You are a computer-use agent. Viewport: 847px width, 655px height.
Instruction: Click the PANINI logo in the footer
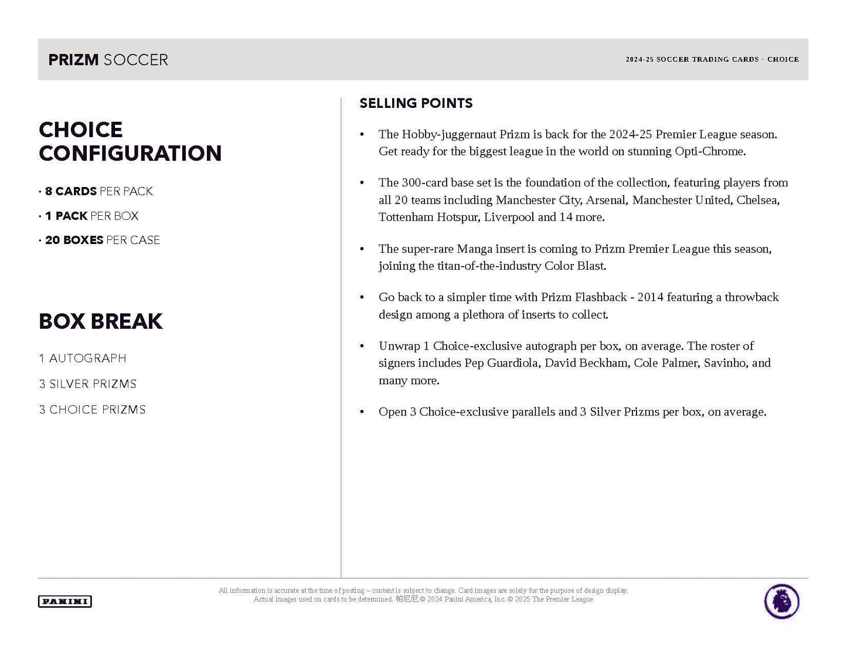[64, 601]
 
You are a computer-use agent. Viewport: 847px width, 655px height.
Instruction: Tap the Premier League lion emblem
[781, 601]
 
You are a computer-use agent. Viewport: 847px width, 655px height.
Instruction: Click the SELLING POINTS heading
[416, 103]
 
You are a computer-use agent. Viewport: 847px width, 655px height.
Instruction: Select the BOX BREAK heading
[101, 321]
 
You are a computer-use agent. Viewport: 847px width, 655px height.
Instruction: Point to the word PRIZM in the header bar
[73, 60]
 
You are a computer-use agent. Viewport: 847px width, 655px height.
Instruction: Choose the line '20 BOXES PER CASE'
[102, 240]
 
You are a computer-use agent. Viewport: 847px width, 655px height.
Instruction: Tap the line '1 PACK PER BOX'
[91, 216]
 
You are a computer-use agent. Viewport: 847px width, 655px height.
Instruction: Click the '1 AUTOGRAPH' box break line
[83, 358]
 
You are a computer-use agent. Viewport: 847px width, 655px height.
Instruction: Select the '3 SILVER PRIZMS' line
[88, 384]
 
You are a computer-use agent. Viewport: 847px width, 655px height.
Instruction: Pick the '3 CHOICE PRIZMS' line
[93, 410]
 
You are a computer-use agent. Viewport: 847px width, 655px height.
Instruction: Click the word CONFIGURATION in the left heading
[130, 154]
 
